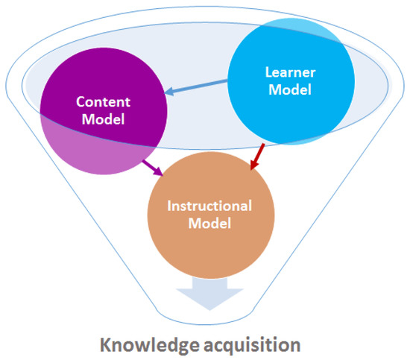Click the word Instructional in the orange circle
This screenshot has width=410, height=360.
209,206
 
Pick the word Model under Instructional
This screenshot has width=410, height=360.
209,223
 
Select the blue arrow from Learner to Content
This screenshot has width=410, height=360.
198,86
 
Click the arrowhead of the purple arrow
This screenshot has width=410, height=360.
160,171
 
